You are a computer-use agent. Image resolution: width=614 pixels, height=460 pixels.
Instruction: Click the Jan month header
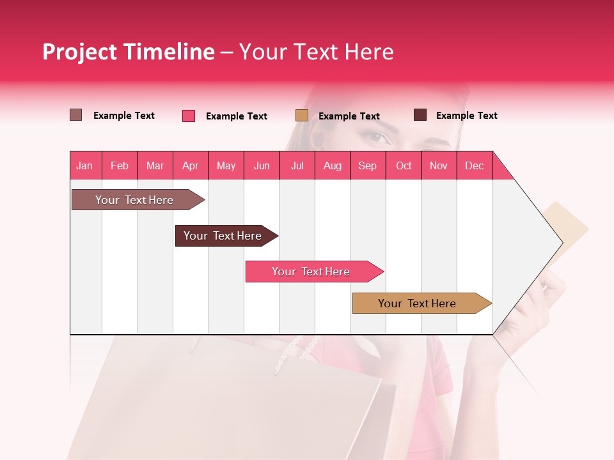tap(84, 165)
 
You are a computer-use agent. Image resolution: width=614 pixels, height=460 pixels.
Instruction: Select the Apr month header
tap(190, 165)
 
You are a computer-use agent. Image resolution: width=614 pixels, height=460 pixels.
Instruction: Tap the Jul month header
tap(297, 165)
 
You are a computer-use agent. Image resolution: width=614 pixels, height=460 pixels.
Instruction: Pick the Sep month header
tap(367, 165)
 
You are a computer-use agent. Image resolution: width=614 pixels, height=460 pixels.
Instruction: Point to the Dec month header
tap(474, 165)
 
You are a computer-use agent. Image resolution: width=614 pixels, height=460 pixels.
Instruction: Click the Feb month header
tap(120, 165)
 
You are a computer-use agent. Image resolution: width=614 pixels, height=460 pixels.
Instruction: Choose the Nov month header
tap(438, 165)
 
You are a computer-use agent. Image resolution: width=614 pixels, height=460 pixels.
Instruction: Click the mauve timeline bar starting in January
tap(135, 200)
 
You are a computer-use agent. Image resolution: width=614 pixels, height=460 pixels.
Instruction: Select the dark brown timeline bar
tap(223, 236)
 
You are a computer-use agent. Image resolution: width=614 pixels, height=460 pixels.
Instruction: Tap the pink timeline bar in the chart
tap(311, 272)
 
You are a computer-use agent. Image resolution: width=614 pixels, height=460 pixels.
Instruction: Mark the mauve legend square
tap(76, 115)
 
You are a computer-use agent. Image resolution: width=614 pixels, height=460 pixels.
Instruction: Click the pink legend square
tap(189, 116)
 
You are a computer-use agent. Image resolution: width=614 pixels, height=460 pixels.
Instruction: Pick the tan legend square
tap(302, 116)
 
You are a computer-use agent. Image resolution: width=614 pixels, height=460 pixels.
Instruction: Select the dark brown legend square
tap(420, 115)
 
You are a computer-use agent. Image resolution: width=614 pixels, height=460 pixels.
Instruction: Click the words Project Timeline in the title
tap(128, 52)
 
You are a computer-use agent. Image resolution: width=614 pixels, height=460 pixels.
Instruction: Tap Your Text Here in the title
tap(317, 52)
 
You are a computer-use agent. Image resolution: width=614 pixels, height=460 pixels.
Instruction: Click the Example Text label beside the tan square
tap(349, 116)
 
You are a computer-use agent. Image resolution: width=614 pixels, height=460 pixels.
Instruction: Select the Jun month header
tap(261, 165)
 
